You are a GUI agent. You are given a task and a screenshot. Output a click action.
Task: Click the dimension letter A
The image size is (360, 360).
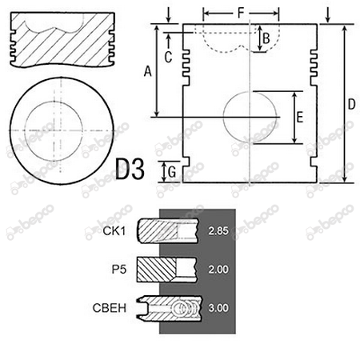pyautogui.click(x=147, y=71)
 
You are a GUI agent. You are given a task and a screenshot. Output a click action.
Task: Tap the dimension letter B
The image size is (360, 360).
pyautogui.click(x=266, y=38)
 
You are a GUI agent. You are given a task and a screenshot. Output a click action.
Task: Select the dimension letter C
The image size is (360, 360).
pyautogui.click(x=168, y=57)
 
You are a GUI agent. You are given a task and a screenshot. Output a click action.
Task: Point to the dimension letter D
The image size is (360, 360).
pyautogui.click(x=352, y=104)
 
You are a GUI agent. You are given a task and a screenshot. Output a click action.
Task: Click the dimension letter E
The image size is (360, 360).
pyautogui.click(x=300, y=118)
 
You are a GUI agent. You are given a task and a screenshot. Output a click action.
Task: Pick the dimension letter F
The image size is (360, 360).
pyautogui.click(x=241, y=13)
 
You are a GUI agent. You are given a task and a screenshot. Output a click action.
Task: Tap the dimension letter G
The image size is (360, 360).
pyautogui.click(x=172, y=172)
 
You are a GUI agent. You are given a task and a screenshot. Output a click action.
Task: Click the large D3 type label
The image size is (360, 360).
pyautogui.click(x=130, y=169)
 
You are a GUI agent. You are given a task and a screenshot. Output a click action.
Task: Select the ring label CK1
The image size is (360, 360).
pyautogui.click(x=114, y=231)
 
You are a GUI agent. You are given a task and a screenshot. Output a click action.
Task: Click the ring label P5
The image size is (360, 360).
pyautogui.click(x=119, y=270)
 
